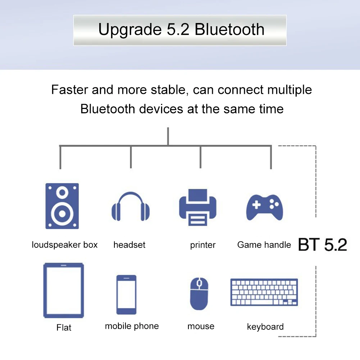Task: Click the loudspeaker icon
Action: [x=62, y=206]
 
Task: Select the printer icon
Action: [x=198, y=207]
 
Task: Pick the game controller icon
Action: [x=264, y=207]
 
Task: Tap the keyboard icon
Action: [x=264, y=292]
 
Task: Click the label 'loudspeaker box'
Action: [x=64, y=245]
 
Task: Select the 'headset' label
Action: [x=129, y=245]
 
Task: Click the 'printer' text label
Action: [x=203, y=245]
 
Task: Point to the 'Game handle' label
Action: [x=264, y=245]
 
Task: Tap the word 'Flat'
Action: [x=64, y=327]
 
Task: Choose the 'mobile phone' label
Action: [x=132, y=326]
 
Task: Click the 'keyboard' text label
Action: [x=265, y=327]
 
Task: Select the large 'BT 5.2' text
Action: [x=323, y=245]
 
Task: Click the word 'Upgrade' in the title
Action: [x=130, y=29]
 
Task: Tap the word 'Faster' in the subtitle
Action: [x=69, y=90]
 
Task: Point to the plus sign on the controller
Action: [x=256, y=205]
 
